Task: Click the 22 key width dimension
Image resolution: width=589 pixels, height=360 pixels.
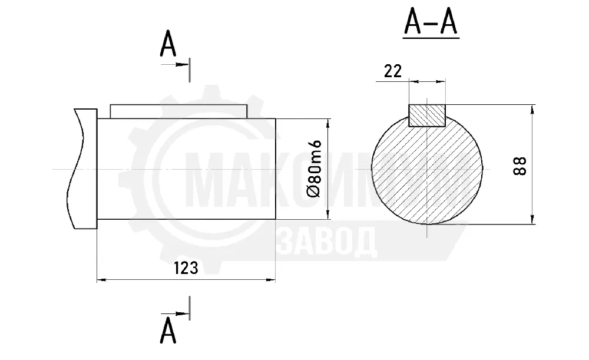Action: [x=393, y=71]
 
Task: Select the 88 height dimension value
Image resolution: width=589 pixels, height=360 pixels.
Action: [x=520, y=166]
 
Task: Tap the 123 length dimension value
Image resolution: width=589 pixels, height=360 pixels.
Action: [x=186, y=268]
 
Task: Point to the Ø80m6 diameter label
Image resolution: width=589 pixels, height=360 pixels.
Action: [x=314, y=169]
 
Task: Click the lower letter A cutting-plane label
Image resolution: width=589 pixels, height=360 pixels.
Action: [x=168, y=331]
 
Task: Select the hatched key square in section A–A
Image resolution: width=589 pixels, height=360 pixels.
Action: [x=427, y=115]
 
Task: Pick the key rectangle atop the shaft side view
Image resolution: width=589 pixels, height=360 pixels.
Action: [x=179, y=111]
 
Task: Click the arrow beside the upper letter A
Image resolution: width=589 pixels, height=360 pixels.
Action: [x=175, y=65]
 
